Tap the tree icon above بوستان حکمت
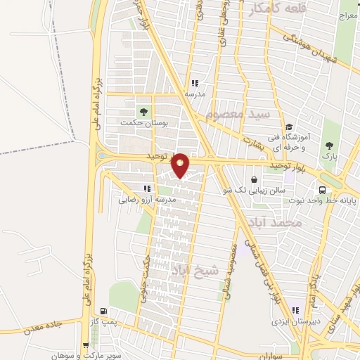tap(143, 111)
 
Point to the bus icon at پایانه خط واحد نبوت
tap(323, 189)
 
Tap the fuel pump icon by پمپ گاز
tap(105, 311)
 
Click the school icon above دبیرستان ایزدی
tap(295, 309)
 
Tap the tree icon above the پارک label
tap(328, 146)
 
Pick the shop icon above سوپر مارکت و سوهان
tap(85, 345)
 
